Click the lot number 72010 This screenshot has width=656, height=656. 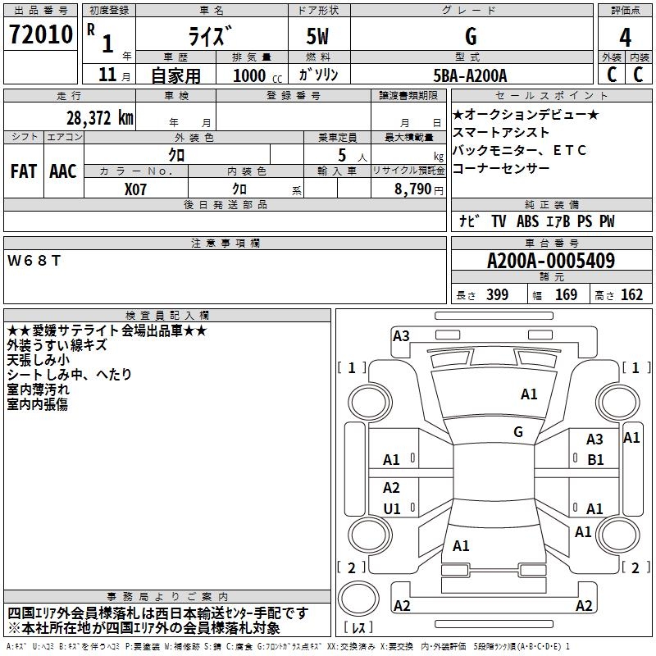pyautogui.click(x=40, y=36)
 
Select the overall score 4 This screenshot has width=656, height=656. pyautogui.click(x=625, y=37)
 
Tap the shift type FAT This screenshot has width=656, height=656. pyautogui.click(x=23, y=171)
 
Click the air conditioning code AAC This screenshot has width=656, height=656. pyautogui.click(x=62, y=171)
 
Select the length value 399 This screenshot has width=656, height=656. pyautogui.click(x=497, y=295)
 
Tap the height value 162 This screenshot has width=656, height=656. pyautogui.click(x=631, y=295)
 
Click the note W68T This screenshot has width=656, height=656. pyautogui.click(x=34, y=260)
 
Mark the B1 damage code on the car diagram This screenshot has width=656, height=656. pyautogui.click(x=595, y=460)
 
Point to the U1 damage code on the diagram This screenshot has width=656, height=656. pyautogui.click(x=392, y=508)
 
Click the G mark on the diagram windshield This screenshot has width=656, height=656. pyautogui.click(x=518, y=431)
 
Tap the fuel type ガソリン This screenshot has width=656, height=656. pyautogui.click(x=319, y=75)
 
